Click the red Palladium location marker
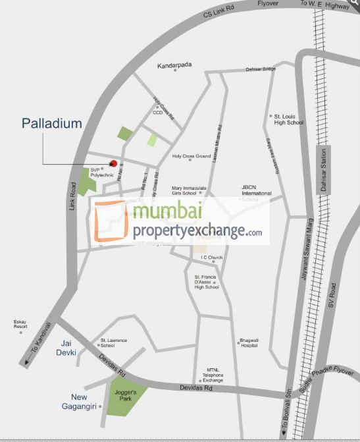coord(113,163)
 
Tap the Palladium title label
coord(52,123)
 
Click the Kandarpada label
coord(174,67)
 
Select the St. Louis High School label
coord(288,119)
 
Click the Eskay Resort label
coord(20,324)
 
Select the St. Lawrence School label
coord(113,343)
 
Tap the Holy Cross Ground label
coord(191,156)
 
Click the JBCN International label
coord(256,191)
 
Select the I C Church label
coord(212,257)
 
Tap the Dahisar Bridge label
coord(260,69)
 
